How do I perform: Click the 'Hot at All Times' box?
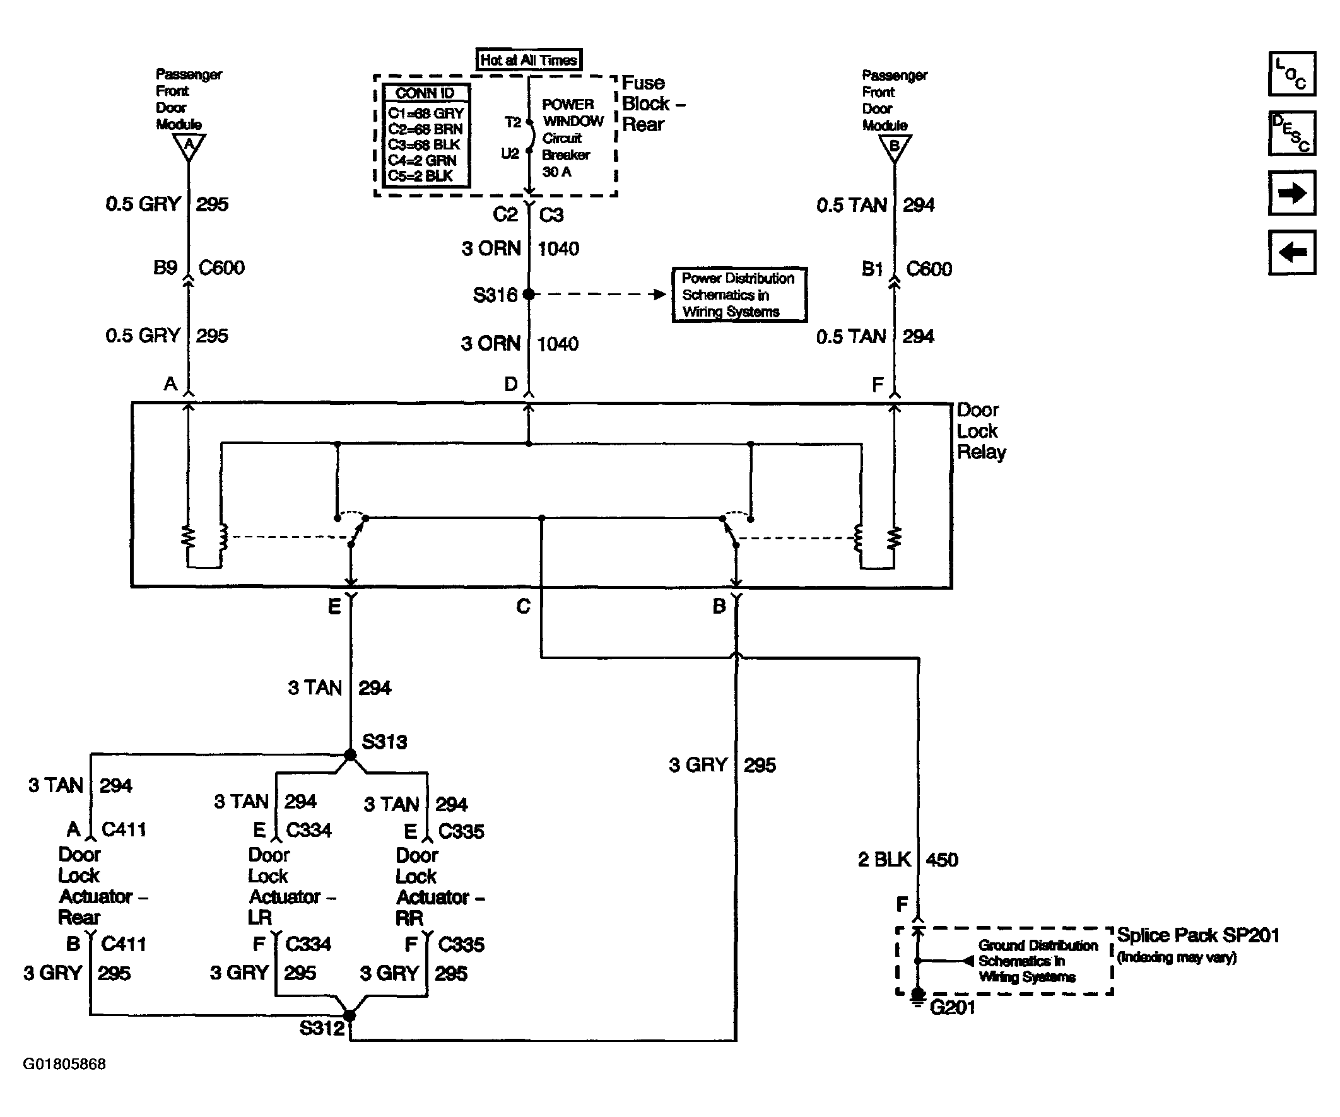[x=529, y=60]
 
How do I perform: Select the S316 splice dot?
[x=528, y=294]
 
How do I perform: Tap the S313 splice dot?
[x=350, y=755]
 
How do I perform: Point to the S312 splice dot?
[x=350, y=1015]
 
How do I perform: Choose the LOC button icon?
[x=1291, y=74]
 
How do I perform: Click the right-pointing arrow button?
[x=1291, y=192]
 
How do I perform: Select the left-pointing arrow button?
[x=1291, y=252]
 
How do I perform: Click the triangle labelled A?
[x=189, y=146]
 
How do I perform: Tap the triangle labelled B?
[x=895, y=148]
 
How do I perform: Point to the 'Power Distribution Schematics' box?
[x=739, y=295]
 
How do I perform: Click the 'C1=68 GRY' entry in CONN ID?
[x=426, y=114]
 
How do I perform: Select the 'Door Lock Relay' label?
[x=981, y=431]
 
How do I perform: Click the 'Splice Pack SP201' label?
[x=1197, y=935]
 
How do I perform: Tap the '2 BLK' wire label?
[x=885, y=860]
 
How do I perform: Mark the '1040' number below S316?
[x=558, y=344]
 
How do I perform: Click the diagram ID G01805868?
[x=64, y=1064]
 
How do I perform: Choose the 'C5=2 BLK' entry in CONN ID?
[x=421, y=176]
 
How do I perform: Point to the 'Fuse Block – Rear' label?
[x=653, y=103]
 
